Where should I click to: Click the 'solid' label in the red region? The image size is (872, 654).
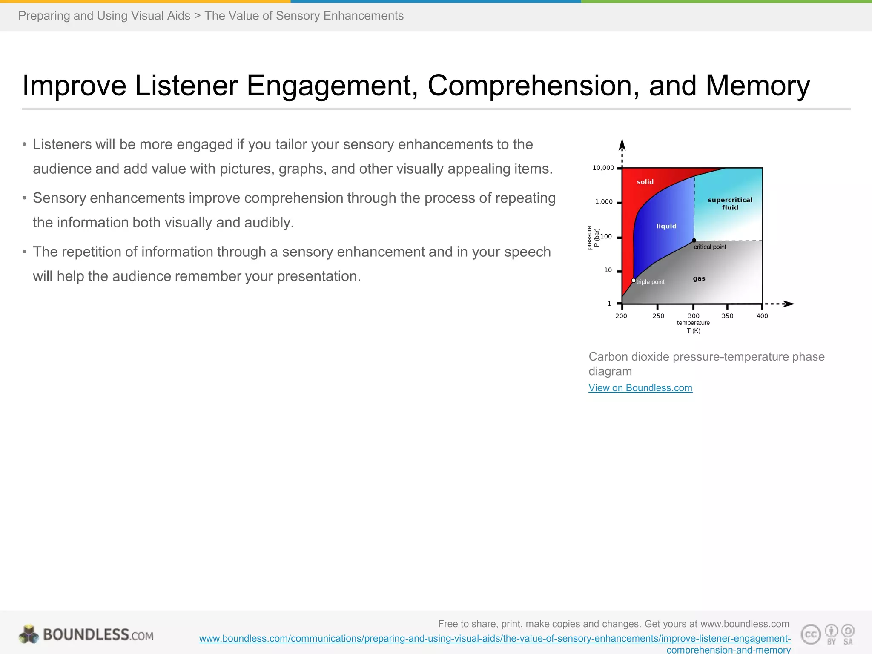[x=645, y=182]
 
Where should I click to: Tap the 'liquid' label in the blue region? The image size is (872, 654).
[x=666, y=226]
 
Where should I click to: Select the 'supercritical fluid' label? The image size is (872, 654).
[x=730, y=204]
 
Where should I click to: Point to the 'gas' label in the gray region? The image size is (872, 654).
[x=699, y=278]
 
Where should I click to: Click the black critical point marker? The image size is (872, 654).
[x=694, y=241]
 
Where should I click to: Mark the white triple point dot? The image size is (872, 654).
[x=634, y=281]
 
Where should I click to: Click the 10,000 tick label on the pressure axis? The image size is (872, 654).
[x=603, y=168]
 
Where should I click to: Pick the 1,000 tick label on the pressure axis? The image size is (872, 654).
[x=604, y=202]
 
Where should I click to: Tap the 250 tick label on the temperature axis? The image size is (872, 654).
[x=658, y=316]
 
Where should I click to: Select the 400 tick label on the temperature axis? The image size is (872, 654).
[x=762, y=316]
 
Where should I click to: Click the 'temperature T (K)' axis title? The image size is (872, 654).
[x=693, y=327]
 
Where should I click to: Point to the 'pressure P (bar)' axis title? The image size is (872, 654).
[x=593, y=238]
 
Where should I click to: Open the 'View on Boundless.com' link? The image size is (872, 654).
[x=640, y=388]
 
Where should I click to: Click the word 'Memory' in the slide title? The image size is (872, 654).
[x=758, y=86]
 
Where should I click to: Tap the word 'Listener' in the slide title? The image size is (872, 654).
[x=186, y=86]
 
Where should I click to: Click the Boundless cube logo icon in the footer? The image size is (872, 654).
[x=29, y=634]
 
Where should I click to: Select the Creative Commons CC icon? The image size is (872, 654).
[x=811, y=634]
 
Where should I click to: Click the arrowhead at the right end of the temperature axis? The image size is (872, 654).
[x=789, y=304]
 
